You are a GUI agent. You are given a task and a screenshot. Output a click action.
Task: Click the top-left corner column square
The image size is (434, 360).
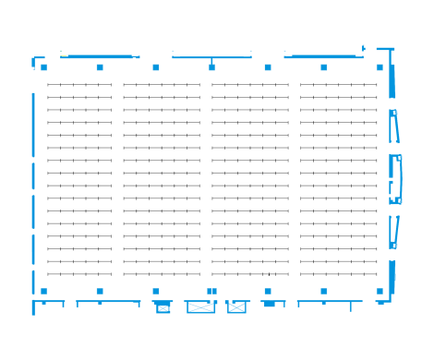43,67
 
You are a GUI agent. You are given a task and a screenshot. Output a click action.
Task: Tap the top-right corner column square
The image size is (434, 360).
380,67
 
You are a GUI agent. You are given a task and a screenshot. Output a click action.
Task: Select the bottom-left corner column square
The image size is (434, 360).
43,291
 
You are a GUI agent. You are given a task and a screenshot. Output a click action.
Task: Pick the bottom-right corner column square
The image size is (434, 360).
380,291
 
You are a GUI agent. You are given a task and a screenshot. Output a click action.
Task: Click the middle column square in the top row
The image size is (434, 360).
211,67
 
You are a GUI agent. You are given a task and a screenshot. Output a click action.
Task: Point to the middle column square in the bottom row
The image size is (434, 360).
211,291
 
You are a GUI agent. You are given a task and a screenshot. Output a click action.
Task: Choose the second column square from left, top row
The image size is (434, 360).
100,67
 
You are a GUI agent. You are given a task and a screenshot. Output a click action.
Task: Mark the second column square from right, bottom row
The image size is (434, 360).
324,291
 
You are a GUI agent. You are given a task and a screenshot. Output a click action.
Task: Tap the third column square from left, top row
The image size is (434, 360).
156,67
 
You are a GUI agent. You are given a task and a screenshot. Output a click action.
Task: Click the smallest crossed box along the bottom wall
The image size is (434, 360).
163,307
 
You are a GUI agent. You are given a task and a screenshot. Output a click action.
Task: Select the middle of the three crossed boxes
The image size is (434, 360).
200,306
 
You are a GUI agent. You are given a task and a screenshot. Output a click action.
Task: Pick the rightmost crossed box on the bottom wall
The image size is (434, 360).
237,306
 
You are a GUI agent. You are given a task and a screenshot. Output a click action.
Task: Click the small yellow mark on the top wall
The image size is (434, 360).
64,55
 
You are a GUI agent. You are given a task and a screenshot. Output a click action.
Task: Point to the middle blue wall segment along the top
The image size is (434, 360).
211,57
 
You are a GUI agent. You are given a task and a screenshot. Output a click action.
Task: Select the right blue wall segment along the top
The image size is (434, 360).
323,56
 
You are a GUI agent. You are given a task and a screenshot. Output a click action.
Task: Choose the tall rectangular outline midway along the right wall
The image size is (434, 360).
395,178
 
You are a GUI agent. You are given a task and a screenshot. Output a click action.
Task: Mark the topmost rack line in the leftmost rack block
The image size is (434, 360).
79,85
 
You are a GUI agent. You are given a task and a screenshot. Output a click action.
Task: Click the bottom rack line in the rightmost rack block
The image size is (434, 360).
338,274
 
